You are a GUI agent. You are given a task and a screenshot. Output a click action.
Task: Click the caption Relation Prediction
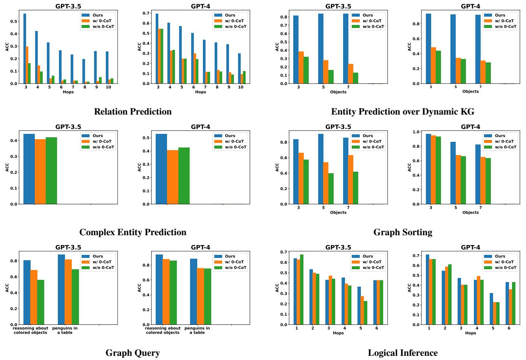133,112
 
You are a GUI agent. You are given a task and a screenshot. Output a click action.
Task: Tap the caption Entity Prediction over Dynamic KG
402,112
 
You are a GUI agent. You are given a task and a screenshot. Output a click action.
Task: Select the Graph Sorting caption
402,232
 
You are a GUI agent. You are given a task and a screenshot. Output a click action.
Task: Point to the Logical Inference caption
402,353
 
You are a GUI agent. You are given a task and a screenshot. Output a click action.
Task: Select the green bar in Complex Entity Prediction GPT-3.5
51,171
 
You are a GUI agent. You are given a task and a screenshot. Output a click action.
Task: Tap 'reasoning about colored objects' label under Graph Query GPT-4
163,330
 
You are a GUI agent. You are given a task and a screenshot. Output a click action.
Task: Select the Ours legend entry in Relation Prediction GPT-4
230,15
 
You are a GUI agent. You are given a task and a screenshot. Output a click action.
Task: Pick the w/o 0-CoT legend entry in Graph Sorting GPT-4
505,147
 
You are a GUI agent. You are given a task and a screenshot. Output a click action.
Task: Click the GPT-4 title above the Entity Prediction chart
470,6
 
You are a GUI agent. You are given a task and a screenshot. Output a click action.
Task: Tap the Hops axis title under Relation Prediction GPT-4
200,92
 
